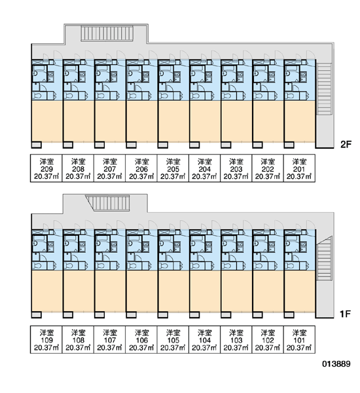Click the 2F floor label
click(346, 144)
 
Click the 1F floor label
click(345, 314)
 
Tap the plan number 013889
click(336, 364)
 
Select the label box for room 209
click(46, 168)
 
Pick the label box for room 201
click(299, 168)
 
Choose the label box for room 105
click(173, 339)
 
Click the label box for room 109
click(46, 339)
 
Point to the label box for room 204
click(204, 168)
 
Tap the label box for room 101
click(299, 339)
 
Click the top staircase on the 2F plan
click(107, 33)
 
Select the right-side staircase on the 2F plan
click(324, 88)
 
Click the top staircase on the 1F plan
click(108, 203)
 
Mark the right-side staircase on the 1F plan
click(324, 259)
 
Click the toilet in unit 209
click(37, 96)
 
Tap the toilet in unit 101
click(290, 266)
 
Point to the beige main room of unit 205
click(174, 121)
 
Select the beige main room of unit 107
click(111, 291)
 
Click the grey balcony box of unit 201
click(289, 145)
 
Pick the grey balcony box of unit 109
click(37, 314)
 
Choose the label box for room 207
click(109, 168)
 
